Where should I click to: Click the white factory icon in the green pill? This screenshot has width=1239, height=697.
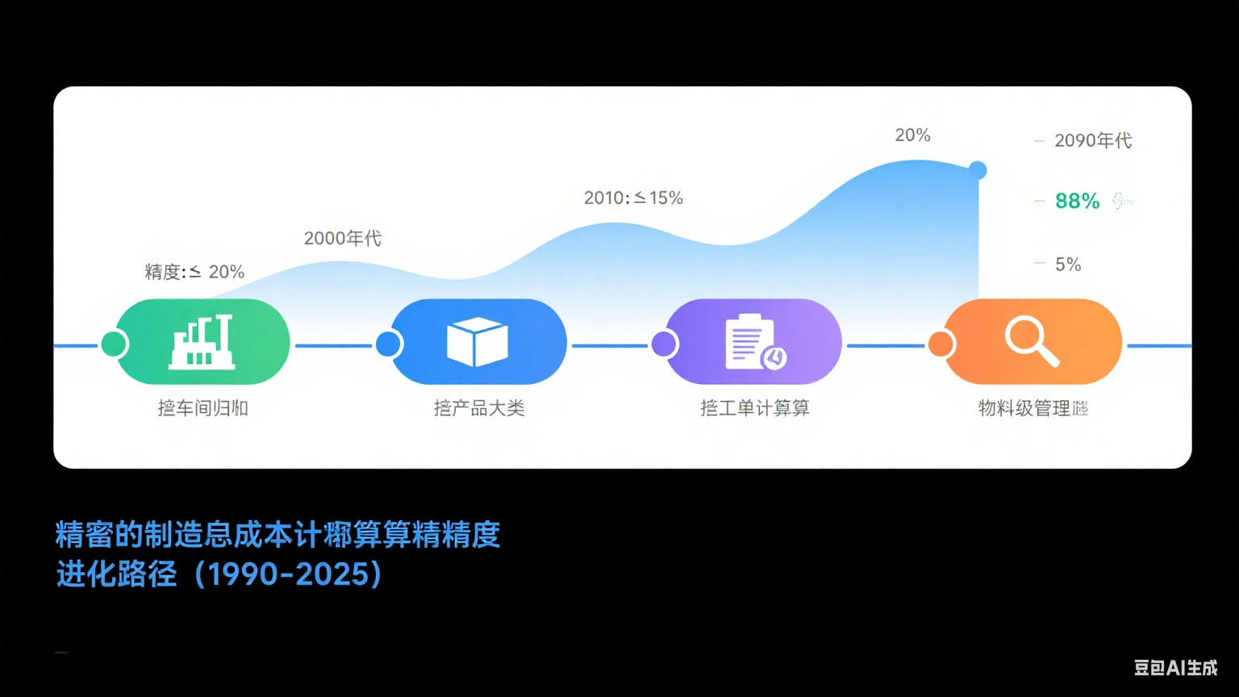click(202, 342)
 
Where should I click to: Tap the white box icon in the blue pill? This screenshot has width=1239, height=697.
click(478, 342)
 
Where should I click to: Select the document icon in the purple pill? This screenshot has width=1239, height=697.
click(755, 342)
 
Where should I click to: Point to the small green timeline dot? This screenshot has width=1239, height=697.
click(114, 344)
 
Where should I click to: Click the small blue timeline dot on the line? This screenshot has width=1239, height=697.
click(389, 344)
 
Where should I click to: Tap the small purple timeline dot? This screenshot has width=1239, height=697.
click(664, 344)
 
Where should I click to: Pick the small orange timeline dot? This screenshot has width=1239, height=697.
click(941, 344)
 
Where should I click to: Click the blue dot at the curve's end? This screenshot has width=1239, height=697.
click(978, 170)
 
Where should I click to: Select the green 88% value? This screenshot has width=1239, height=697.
click(1077, 201)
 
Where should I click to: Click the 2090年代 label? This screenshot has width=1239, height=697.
click(1093, 141)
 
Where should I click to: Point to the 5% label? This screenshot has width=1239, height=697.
click(1068, 265)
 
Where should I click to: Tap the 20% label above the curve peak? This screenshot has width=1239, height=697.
click(912, 136)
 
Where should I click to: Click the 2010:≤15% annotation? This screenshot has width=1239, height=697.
click(633, 198)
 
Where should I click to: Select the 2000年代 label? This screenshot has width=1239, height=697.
click(342, 239)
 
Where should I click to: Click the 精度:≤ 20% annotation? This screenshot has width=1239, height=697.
click(194, 272)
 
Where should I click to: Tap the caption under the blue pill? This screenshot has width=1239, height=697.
click(479, 408)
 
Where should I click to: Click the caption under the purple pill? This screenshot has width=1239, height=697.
click(754, 408)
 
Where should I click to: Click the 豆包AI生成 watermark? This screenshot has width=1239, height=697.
click(1175, 667)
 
